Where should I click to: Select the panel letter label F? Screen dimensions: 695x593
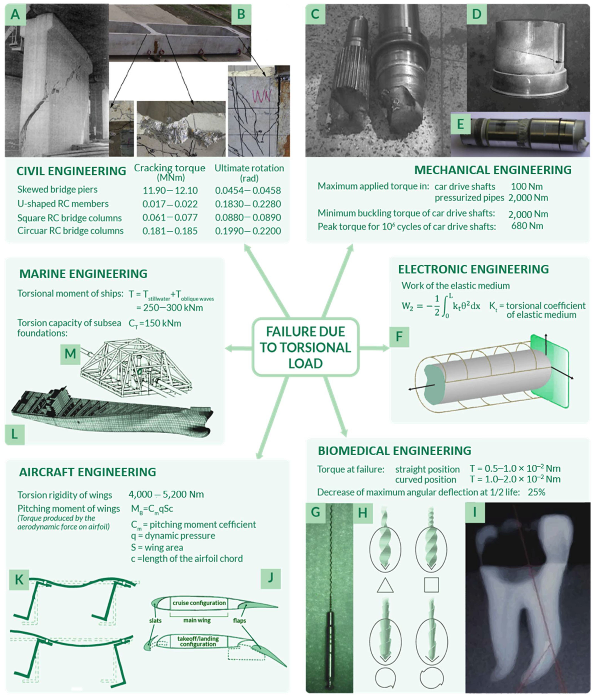click(399, 336)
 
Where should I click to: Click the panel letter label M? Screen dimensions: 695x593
click(70, 354)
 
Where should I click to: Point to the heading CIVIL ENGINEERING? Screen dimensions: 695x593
click(71, 171)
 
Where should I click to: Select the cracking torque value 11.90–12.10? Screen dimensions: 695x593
click(170, 190)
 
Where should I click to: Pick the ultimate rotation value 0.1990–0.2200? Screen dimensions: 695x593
click(248, 231)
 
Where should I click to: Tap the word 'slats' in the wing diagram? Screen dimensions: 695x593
click(155, 621)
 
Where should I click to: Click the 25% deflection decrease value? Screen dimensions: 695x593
click(536, 492)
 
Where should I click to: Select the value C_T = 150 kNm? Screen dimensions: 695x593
click(155, 323)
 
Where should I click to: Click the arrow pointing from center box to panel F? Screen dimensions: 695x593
click(374, 348)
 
